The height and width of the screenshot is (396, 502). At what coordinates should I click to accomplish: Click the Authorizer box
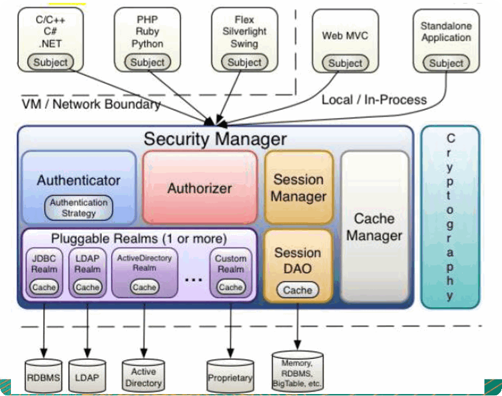199,188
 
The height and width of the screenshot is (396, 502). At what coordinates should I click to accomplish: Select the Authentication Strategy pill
79,208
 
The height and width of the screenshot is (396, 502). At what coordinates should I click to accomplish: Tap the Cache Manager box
374,227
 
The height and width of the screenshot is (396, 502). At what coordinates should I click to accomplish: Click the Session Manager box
298,187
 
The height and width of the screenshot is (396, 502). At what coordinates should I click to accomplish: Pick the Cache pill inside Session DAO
298,290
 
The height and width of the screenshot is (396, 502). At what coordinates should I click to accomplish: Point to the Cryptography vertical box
450,217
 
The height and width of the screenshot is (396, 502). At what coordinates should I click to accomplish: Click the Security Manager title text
215,138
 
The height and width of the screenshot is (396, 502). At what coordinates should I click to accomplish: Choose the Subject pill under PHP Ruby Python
148,62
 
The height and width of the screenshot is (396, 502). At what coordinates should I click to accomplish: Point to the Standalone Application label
446,32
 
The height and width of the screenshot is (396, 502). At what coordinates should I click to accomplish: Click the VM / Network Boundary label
91,104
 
